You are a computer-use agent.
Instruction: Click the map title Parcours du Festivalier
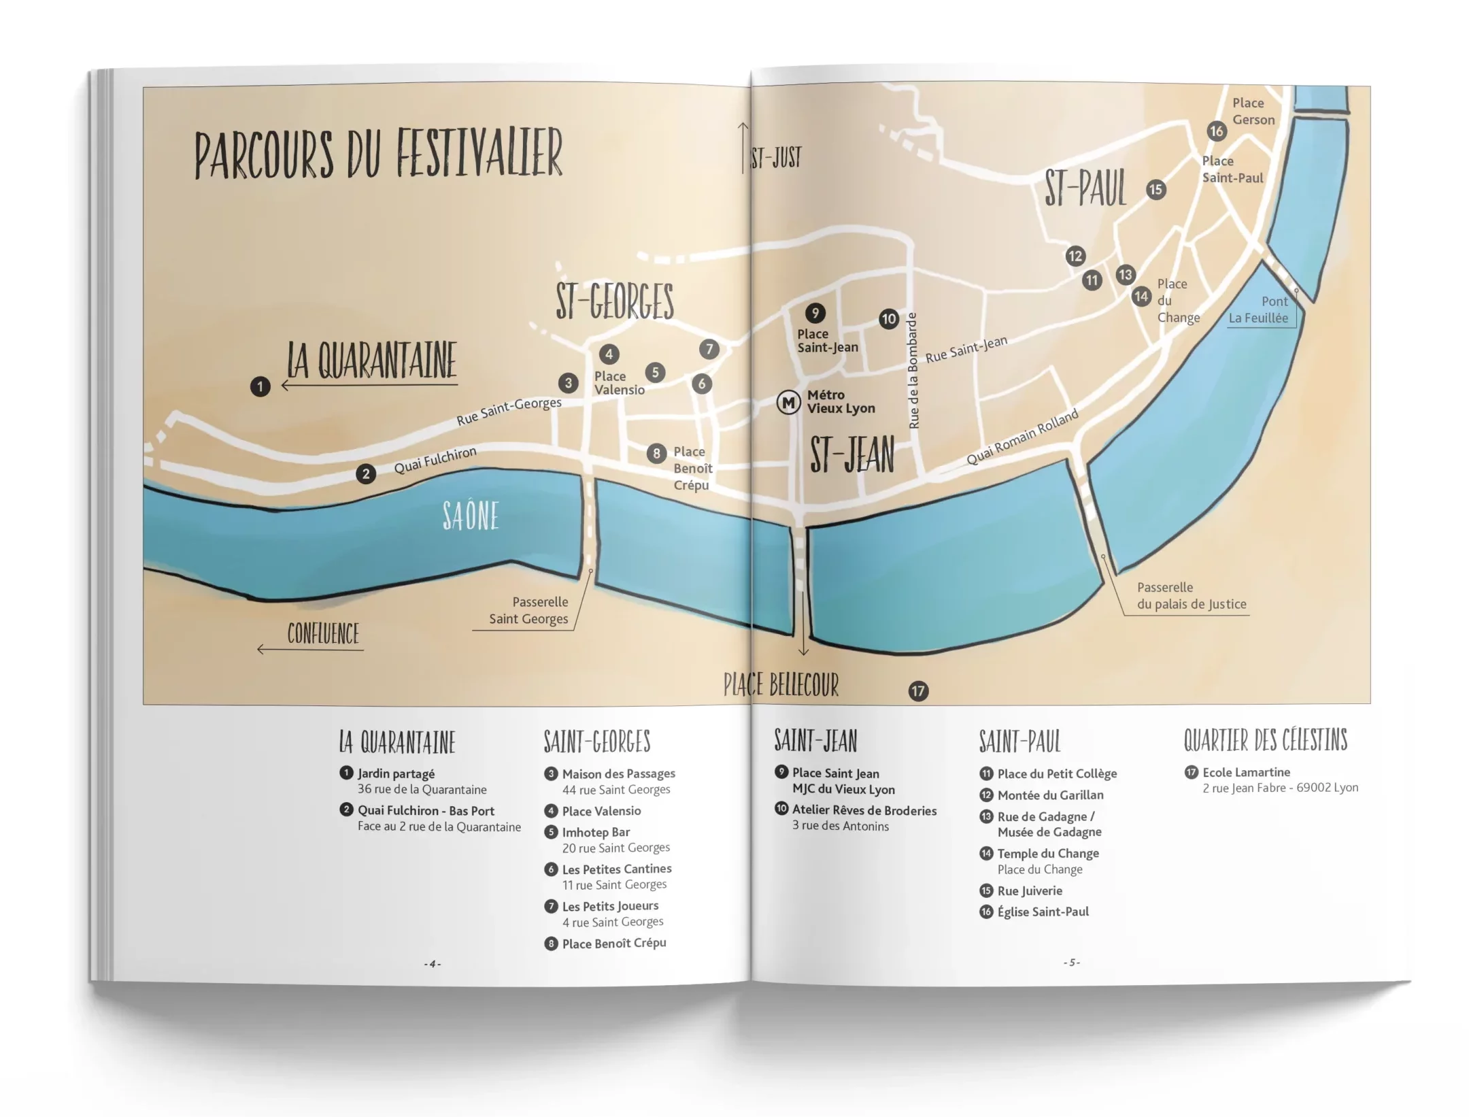click(x=378, y=154)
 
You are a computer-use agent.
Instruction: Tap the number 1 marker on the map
click(x=260, y=387)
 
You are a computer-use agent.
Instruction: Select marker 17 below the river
click(x=918, y=691)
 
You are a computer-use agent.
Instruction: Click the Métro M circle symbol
click(x=788, y=403)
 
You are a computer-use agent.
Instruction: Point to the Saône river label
click(x=471, y=516)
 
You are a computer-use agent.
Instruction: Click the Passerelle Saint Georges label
click(x=529, y=610)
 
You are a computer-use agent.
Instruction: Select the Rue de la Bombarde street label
click(x=913, y=371)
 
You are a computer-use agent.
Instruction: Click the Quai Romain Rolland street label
click(x=1022, y=437)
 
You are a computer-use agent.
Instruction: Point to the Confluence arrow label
click(x=322, y=634)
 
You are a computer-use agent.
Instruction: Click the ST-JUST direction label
click(x=775, y=158)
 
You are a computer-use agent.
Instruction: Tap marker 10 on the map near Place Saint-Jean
click(x=888, y=319)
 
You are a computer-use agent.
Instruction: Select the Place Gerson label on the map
click(x=1253, y=112)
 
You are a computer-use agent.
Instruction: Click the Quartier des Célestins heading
click(x=1265, y=740)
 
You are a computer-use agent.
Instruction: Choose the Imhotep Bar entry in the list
click(x=596, y=832)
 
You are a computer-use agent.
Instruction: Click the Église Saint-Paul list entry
click(x=1043, y=912)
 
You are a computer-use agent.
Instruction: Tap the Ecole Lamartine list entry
click(x=1246, y=772)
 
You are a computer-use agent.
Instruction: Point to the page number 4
click(x=433, y=963)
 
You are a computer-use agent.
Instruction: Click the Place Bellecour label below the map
click(x=781, y=685)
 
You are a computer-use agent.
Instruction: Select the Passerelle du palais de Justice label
click(x=1191, y=596)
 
